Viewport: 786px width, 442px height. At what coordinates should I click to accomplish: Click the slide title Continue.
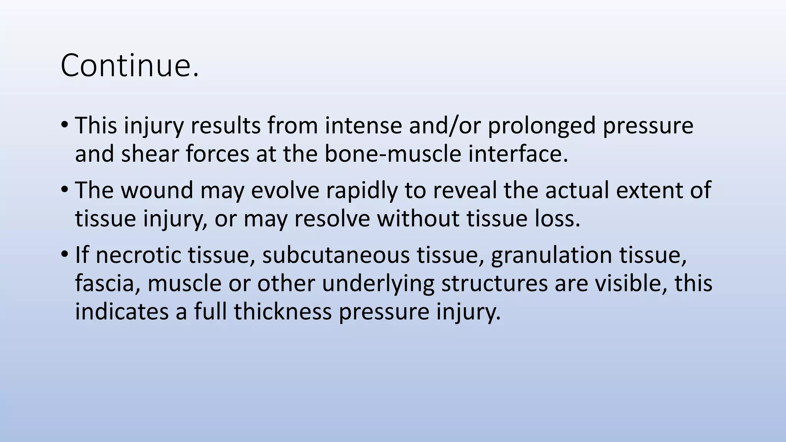pos(130,65)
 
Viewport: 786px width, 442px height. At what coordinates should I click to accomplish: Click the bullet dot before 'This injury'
pos(64,125)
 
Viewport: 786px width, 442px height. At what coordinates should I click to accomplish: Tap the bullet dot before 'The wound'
pos(64,190)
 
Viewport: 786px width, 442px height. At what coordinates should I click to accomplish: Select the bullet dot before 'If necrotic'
pos(64,254)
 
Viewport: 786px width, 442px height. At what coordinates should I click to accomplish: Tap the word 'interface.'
pos(518,154)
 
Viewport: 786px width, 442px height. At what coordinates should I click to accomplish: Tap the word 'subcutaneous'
pos(336,255)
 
